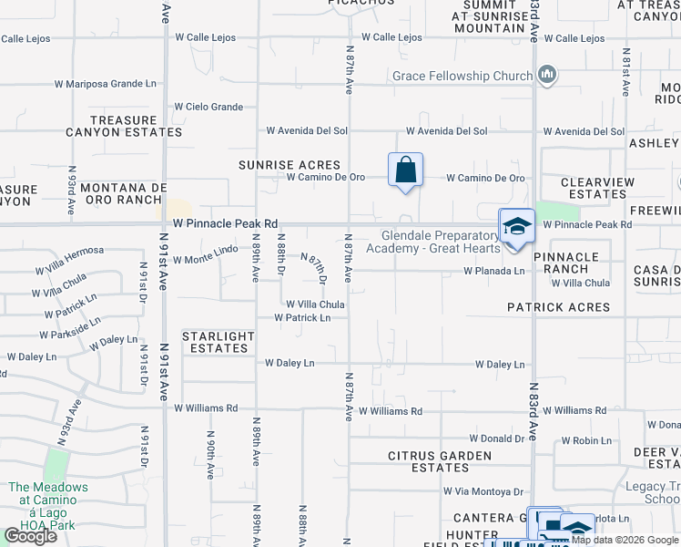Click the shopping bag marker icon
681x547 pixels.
[405, 170]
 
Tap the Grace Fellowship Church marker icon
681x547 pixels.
[547, 75]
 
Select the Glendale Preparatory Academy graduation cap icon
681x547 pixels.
[517, 226]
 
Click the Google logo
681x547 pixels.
[31, 536]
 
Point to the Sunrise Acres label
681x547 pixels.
[290, 165]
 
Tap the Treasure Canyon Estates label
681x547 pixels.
[124, 126]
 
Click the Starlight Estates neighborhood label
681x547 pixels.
[219, 342]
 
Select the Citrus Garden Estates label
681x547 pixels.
[441, 461]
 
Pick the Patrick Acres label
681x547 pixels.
[559, 307]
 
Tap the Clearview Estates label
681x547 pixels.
[597, 188]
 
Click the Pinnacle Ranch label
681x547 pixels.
[573, 263]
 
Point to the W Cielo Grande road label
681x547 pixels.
[208, 107]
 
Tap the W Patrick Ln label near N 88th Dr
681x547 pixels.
[303, 318]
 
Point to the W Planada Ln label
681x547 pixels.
[494, 271]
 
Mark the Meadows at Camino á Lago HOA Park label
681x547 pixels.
[49, 500]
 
